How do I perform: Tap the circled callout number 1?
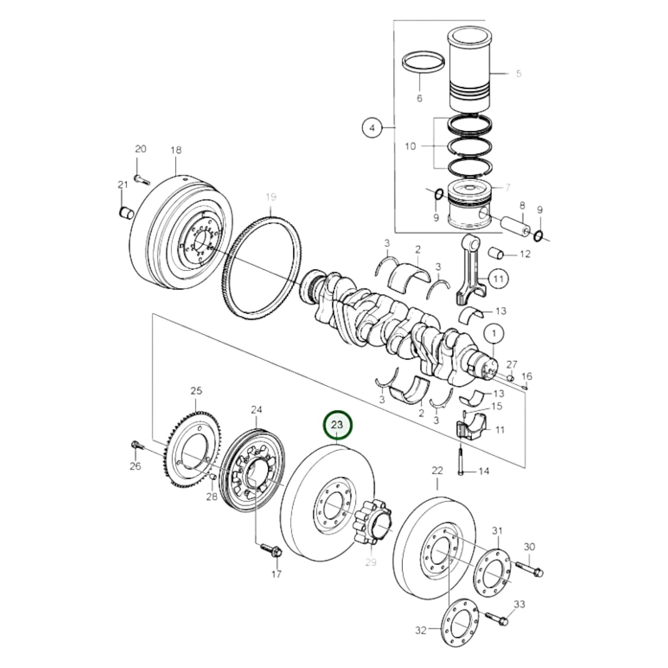(x=494, y=333)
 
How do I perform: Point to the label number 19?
(x=271, y=197)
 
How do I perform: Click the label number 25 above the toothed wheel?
(x=196, y=391)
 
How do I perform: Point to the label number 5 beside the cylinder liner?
(x=518, y=74)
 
